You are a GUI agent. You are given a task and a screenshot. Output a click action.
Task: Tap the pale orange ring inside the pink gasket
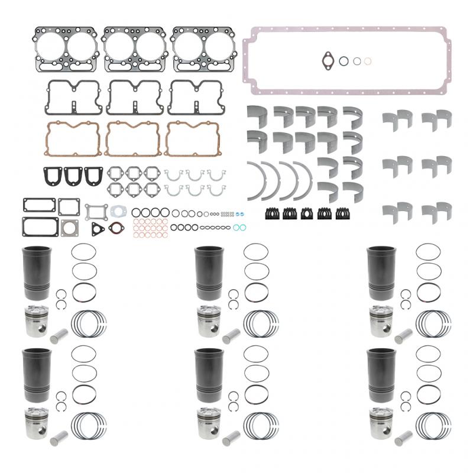pyautogui.click(x=368, y=61)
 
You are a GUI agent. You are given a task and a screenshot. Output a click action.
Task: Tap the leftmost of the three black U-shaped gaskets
pyautogui.click(x=53, y=176)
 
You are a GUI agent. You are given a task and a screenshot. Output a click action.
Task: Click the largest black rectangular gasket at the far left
pyautogui.click(x=40, y=225)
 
